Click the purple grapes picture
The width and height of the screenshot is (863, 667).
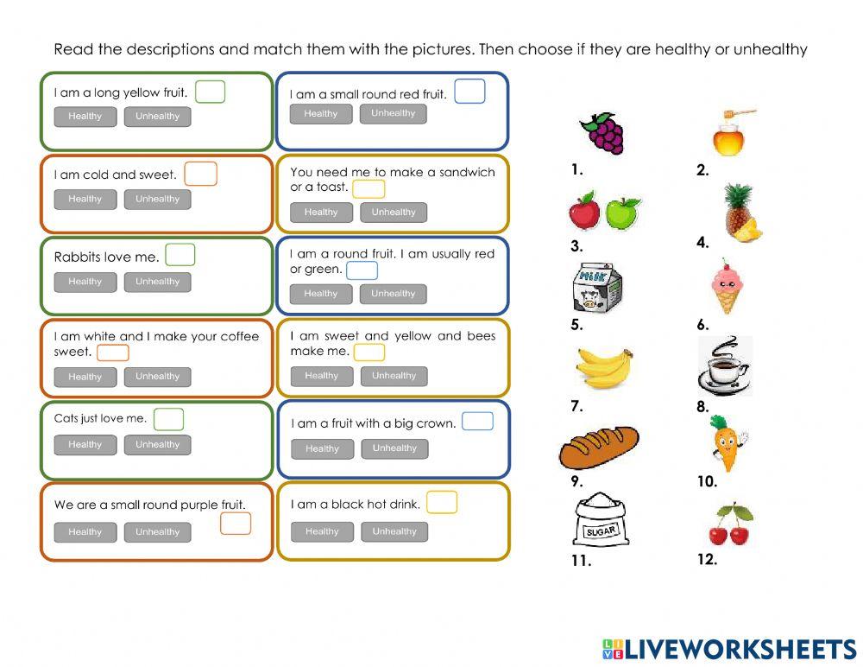point(601,133)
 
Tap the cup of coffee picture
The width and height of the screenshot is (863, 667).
point(723,366)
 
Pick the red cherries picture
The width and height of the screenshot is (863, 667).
point(730,524)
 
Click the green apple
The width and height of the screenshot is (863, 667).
point(622,212)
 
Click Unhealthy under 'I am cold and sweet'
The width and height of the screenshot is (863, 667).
point(157,200)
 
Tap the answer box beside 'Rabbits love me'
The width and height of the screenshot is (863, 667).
point(180,255)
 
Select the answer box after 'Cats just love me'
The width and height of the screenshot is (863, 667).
point(168,419)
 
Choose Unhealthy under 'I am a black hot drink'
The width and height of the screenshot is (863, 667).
point(394,531)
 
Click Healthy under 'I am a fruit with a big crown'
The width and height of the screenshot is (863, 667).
point(322,448)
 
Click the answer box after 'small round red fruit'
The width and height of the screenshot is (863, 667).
point(469,92)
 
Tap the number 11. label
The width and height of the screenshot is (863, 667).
point(581,562)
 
